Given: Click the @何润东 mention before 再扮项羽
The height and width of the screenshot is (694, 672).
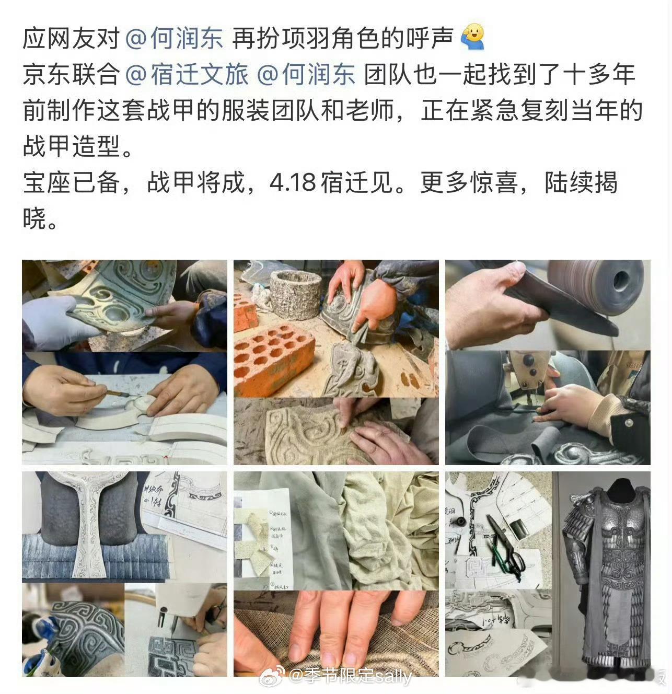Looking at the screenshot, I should tap(175, 39).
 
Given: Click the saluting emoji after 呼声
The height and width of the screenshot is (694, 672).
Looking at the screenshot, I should tap(473, 38).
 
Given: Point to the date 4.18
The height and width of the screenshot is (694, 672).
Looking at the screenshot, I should tap(293, 182).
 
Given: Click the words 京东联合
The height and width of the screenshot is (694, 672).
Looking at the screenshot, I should tap(71, 75).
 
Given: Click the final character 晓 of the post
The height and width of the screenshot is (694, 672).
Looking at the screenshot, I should tap(34, 218).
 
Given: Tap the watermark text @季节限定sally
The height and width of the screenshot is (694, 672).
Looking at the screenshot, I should tap(350, 676).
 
